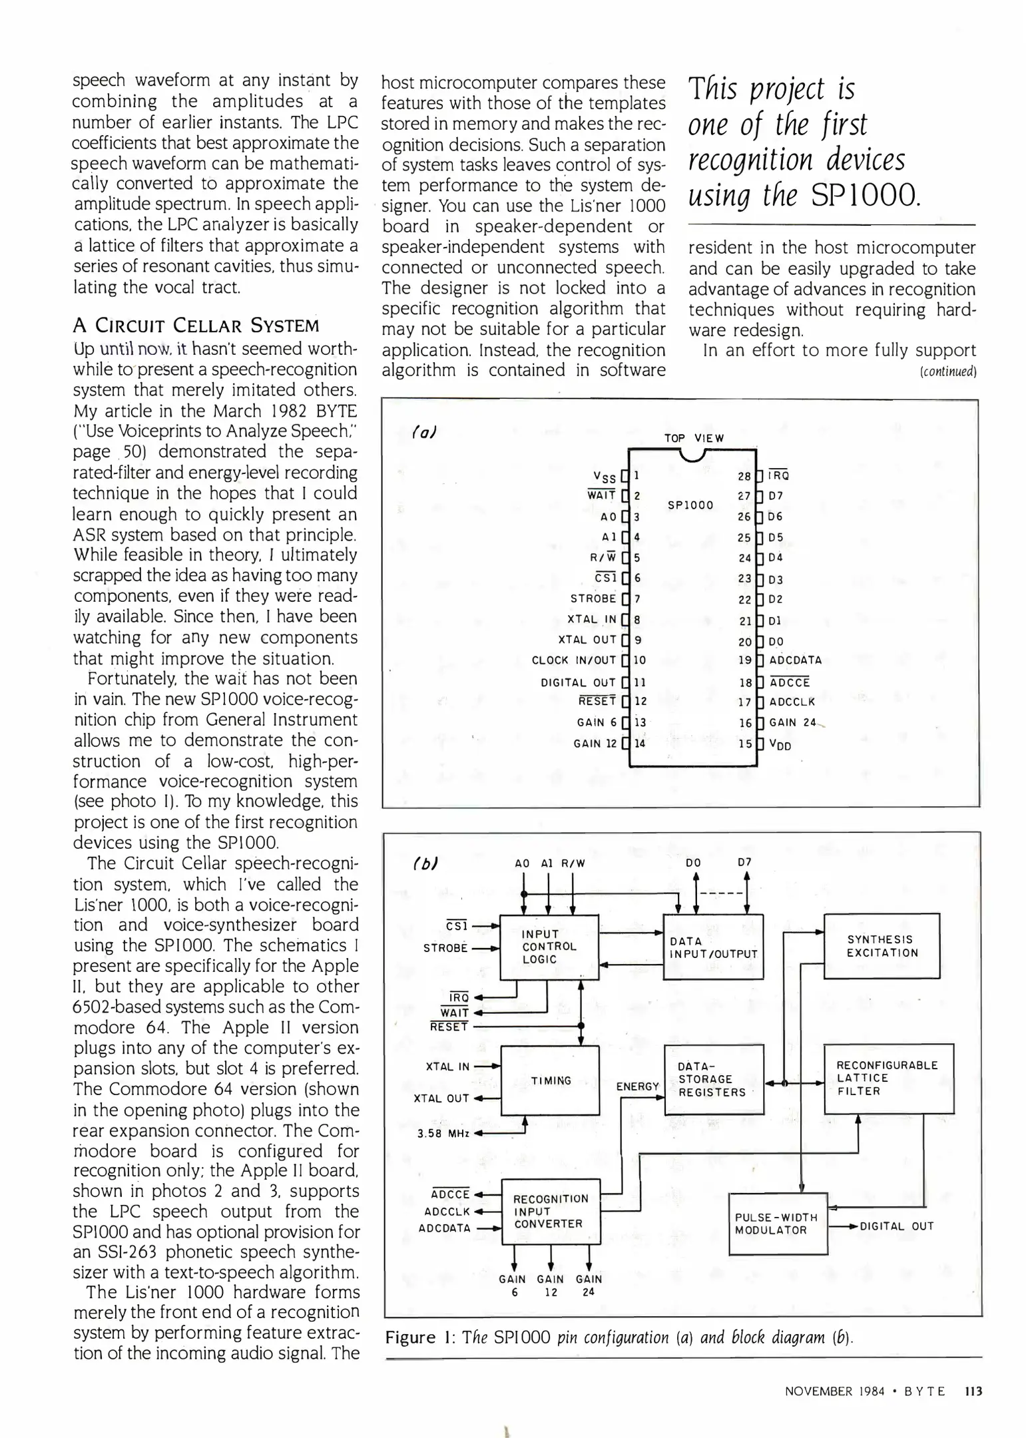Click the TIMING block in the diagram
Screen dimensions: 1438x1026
pos(550,1080)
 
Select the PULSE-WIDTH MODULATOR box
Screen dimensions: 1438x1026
pos(777,1224)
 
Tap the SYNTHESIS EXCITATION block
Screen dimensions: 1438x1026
pos(881,946)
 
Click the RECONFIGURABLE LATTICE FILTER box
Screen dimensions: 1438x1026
pos(888,1078)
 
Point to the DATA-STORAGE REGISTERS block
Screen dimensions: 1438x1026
pos(713,1079)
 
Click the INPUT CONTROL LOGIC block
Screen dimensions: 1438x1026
pos(549,946)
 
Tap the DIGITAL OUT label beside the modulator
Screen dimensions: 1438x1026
pos(896,1226)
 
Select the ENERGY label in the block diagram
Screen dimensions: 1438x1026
pos(637,1086)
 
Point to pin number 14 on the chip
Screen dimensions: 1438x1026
pos(640,743)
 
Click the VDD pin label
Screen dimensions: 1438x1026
pos(780,745)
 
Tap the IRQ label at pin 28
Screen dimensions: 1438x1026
pos(779,475)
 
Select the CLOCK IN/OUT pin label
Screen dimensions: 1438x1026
pos(573,660)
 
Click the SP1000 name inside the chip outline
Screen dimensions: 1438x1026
pos(690,505)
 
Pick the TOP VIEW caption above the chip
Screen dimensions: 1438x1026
pos(694,438)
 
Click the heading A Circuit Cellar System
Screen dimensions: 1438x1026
pos(196,326)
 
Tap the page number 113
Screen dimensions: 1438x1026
pos(973,1391)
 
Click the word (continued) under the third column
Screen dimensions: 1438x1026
pos(947,371)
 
